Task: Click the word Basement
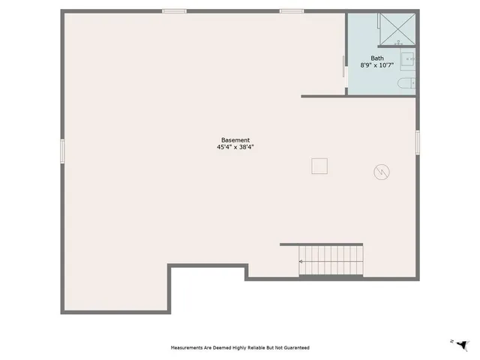[x=235, y=139]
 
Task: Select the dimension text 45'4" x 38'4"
[x=235, y=147]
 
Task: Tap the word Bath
[x=377, y=58]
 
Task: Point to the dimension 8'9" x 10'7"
[x=377, y=66]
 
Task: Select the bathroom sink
[x=408, y=58]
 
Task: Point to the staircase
[x=330, y=262]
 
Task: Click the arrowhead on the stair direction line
[x=301, y=262]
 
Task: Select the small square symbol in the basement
[x=320, y=166]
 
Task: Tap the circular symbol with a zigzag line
[x=382, y=172]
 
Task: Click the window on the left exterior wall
[x=63, y=150]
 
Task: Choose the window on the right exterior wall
[x=418, y=142]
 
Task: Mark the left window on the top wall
[x=175, y=11]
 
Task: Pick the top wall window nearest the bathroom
[x=291, y=11]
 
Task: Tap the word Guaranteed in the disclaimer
[x=295, y=348]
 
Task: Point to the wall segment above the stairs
[x=321, y=244]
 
